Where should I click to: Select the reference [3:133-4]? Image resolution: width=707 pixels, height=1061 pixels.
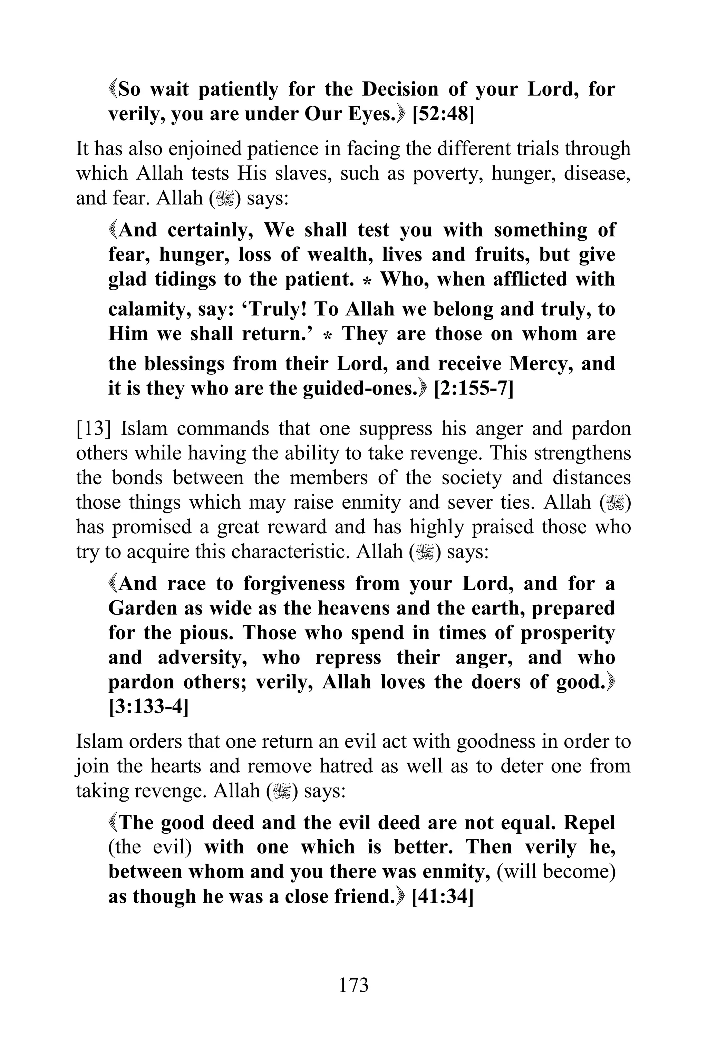pos(148,706)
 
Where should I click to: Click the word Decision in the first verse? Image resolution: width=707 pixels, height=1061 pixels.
pos(400,89)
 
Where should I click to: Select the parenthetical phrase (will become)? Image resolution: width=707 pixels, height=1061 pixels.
pos(555,871)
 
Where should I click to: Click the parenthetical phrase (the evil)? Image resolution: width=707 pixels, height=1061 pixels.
pos(150,847)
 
